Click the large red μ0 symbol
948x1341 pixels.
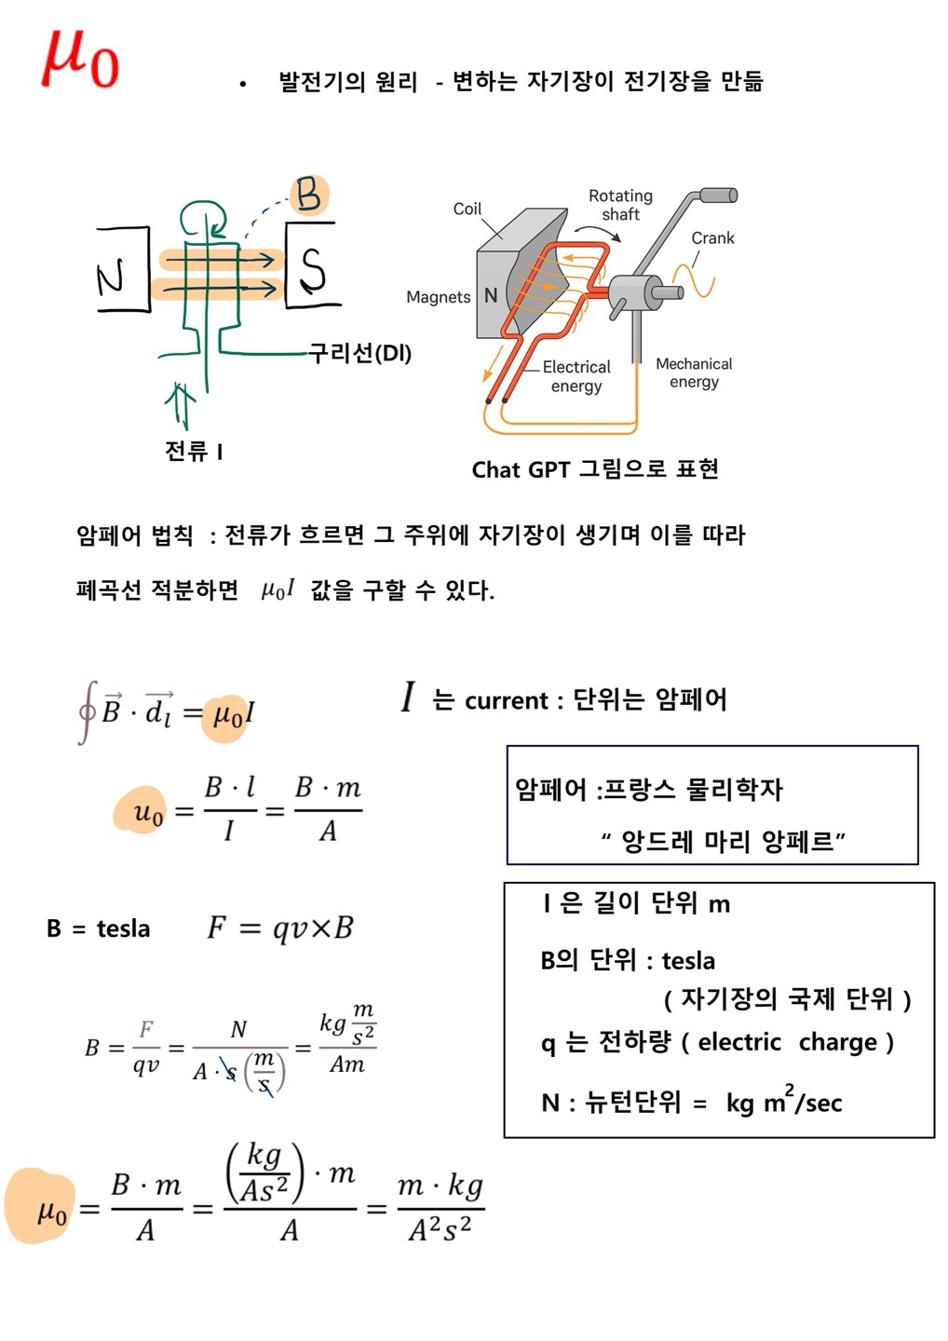(x=79, y=60)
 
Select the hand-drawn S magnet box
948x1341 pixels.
(x=312, y=266)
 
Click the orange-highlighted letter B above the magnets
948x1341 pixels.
(x=308, y=196)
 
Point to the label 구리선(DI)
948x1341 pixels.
(x=359, y=353)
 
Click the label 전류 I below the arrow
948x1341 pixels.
(x=194, y=452)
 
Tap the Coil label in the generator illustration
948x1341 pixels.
(x=467, y=209)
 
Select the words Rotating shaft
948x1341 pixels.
(x=620, y=205)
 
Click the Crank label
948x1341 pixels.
(x=712, y=238)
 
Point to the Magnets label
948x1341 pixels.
(x=438, y=297)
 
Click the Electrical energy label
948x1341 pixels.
(x=576, y=376)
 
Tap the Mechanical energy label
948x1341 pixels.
(x=694, y=372)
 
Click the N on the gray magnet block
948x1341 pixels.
(x=491, y=296)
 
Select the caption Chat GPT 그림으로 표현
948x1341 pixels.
(x=594, y=469)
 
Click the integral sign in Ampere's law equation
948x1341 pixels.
(x=87, y=712)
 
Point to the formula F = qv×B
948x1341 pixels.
(x=280, y=928)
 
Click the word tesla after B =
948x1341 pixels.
(x=123, y=928)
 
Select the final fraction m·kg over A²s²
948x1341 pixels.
(x=440, y=1209)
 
